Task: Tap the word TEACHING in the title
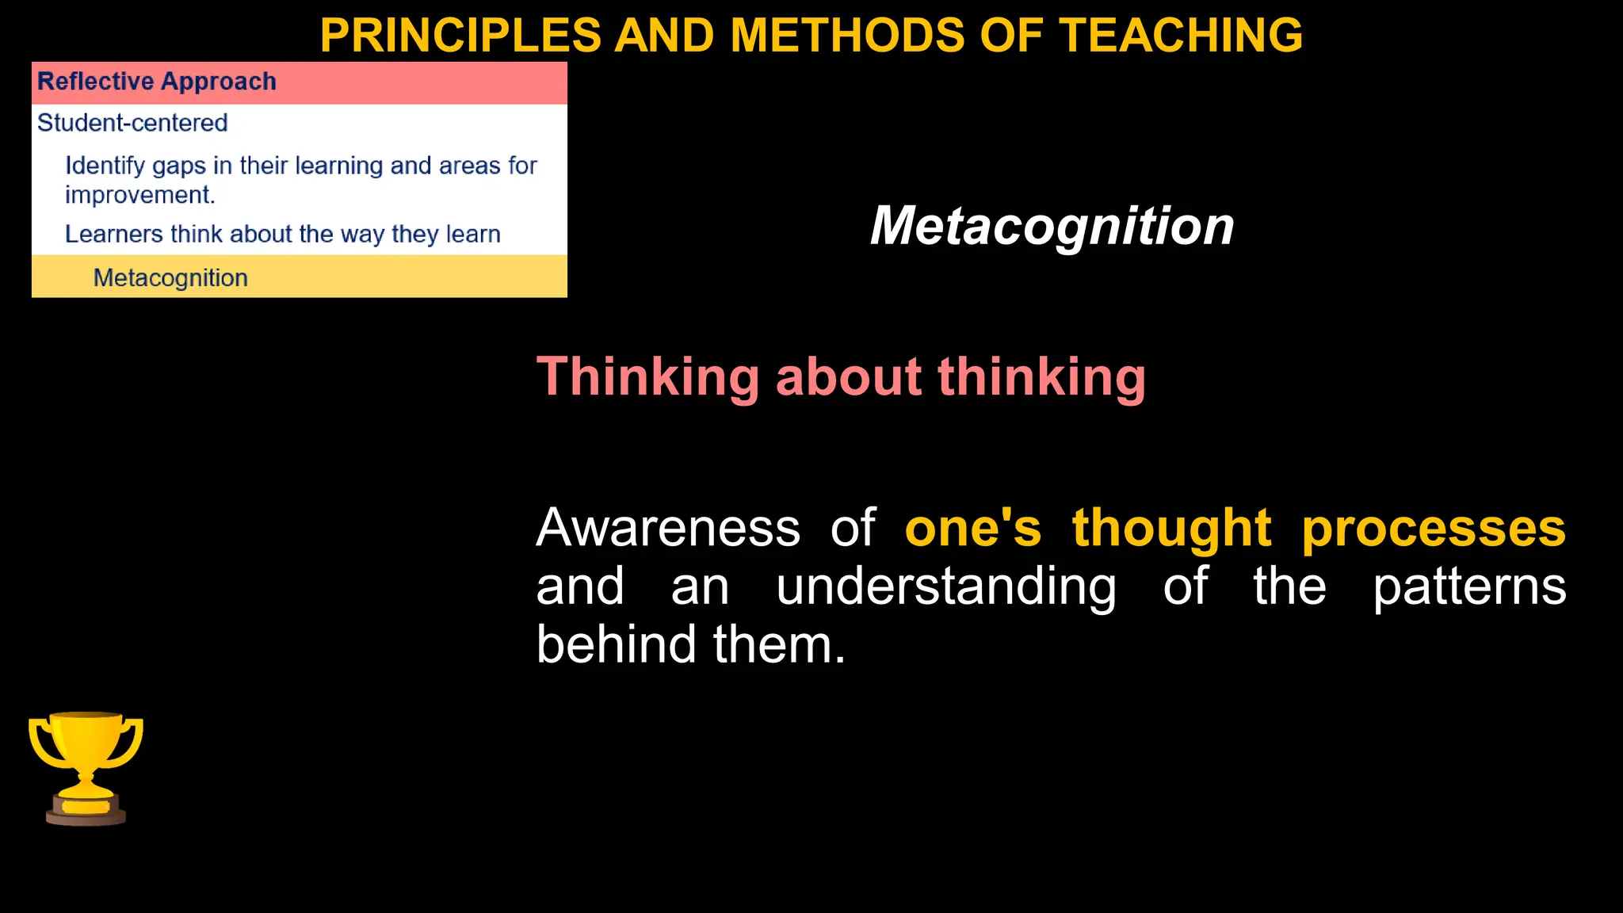[1181, 36]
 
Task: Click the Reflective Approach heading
[157, 82]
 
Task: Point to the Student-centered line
[132, 123]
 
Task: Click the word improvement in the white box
[139, 195]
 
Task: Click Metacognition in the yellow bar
[170, 278]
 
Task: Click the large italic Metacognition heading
[1052, 227]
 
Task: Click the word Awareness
[668, 528]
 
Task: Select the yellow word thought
[1171, 528]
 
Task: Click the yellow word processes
[1433, 529]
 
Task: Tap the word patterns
[1468, 587]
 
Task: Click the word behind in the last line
[616, 644]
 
